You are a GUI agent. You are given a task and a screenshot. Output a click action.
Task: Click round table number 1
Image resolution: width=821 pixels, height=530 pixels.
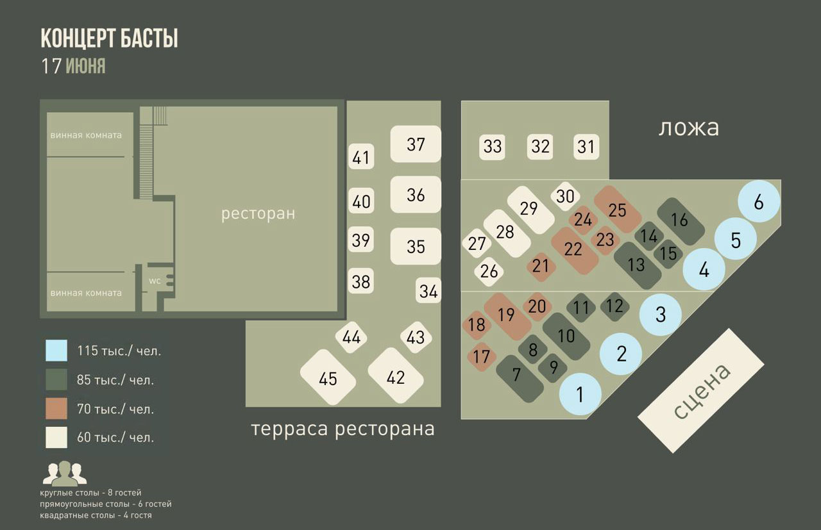coord(580,394)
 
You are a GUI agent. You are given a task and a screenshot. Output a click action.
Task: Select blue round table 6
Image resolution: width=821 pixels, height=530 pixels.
coord(759,203)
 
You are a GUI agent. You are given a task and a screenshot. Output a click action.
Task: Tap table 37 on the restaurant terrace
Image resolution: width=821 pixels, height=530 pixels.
coord(416,144)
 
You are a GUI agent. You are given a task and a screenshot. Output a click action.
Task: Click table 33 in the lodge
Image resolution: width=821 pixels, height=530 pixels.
coord(493,147)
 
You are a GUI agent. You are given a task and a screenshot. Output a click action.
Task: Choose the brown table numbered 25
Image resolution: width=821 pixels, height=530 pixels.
coord(617,210)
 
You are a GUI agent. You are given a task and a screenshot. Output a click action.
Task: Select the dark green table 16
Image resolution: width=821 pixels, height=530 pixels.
coord(679,220)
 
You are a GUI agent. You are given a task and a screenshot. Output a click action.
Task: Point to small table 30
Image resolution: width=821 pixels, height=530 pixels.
coord(565,196)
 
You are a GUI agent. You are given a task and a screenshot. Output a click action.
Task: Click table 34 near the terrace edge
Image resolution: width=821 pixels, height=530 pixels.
coord(428,292)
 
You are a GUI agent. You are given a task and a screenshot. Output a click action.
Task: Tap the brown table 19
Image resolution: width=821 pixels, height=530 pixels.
coord(507,315)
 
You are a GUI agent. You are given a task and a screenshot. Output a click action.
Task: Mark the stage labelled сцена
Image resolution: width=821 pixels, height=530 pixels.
coord(700,390)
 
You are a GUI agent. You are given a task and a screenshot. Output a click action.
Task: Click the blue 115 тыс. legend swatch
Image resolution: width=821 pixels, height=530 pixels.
coord(56,351)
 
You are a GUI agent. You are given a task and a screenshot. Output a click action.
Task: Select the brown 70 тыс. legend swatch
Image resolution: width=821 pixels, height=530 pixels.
coord(56,408)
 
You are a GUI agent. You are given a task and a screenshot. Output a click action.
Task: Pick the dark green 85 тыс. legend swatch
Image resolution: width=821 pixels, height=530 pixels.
coord(56,379)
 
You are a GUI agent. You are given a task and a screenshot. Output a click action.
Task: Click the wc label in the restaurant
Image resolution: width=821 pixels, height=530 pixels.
coord(154,281)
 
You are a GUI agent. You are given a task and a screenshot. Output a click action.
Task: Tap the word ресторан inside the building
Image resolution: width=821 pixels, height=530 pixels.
coord(258,213)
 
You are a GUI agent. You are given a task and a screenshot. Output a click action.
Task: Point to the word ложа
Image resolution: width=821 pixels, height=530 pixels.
coord(688,128)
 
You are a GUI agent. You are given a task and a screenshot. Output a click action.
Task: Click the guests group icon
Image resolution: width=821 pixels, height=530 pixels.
coord(64,473)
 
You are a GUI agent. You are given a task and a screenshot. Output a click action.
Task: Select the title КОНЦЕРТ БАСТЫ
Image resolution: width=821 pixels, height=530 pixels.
coord(109,38)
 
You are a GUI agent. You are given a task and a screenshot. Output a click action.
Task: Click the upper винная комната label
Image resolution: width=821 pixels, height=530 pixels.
coord(86,135)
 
